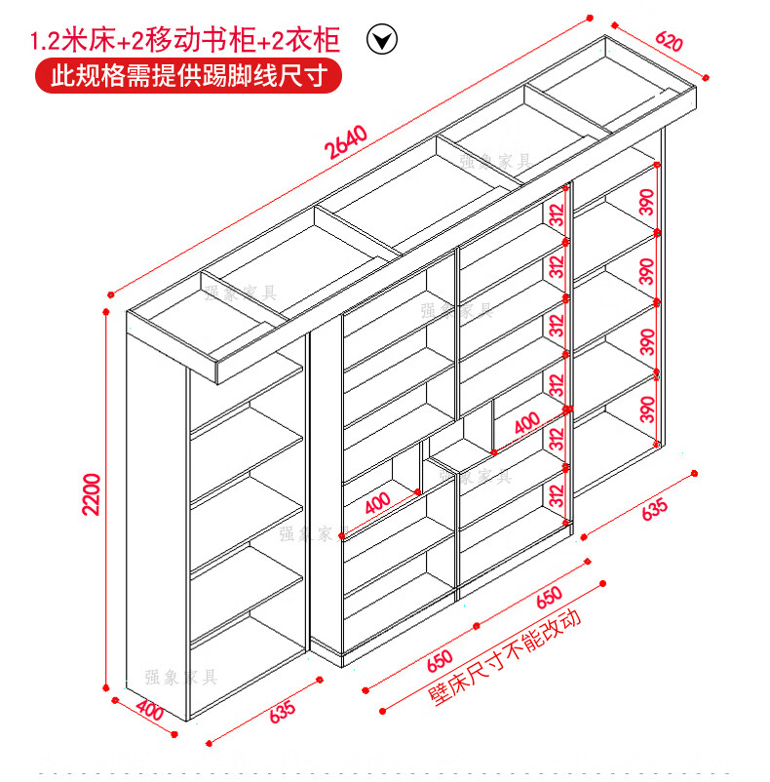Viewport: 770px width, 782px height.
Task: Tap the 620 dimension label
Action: (669, 42)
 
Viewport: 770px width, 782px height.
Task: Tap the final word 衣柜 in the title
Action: (317, 41)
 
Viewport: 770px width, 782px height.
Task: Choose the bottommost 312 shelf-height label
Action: (558, 493)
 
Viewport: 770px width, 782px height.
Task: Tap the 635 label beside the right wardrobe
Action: (654, 508)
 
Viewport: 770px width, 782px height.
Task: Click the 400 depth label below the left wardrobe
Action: (149, 711)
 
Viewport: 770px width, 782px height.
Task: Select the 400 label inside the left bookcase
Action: (377, 505)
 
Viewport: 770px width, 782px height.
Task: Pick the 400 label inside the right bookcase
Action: (525, 423)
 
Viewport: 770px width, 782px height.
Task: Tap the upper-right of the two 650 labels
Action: (548, 597)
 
